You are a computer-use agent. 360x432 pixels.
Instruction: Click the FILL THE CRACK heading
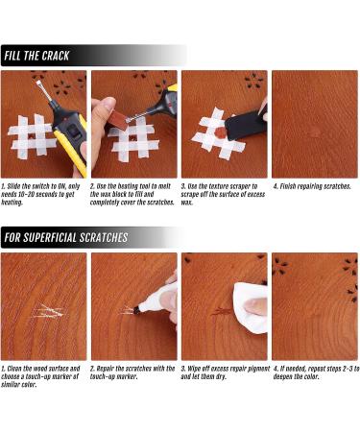click(36, 56)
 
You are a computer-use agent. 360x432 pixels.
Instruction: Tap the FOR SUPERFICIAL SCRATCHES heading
click(66, 237)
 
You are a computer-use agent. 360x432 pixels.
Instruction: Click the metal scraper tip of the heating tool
click(40, 88)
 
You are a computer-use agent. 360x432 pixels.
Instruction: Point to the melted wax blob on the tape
click(220, 132)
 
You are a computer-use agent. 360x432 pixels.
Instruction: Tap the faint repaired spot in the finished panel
click(314, 133)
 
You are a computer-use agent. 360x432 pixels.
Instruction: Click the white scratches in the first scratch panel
click(49, 311)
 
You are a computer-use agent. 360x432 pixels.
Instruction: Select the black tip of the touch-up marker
click(137, 310)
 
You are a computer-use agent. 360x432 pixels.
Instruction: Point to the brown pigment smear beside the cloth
click(221, 311)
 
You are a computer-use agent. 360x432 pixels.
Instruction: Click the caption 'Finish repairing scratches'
click(312, 186)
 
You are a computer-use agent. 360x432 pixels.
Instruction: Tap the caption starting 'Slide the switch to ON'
click(40, 194)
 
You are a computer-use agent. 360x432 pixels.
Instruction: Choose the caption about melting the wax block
click(132, 194)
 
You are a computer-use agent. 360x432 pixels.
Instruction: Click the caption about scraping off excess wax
click(223, 194)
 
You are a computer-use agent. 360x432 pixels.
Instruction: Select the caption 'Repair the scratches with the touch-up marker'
click(132, 372)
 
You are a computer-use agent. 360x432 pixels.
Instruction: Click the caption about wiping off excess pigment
click(226, 372)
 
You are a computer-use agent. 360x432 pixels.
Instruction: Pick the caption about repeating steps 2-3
click(316, 372)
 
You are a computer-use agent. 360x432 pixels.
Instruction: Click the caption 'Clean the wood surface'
click(40, 376)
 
